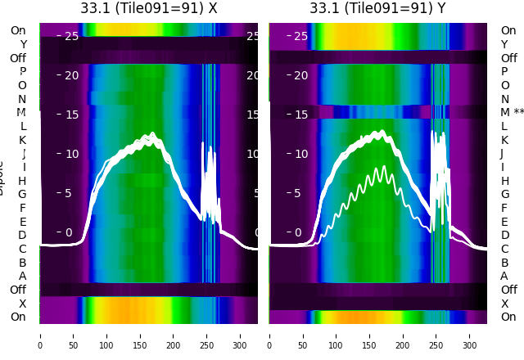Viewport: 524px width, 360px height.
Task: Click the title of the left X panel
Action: click(x=148, y=8)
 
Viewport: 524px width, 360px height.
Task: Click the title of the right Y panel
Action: click(x=377, y=8)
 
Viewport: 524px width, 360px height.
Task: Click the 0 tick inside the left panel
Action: click(x=69, y=232)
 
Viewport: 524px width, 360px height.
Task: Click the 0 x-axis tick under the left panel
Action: click(x=40, y=335)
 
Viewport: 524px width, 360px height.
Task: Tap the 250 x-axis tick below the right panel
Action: click(x=437, y=335)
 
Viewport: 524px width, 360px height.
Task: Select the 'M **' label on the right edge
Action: click(x=512, y=112)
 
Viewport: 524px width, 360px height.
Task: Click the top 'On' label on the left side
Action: click(x=18, y=30)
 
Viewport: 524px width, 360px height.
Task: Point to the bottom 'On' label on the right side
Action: click(x=508, y=317)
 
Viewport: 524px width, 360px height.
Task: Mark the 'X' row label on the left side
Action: click(x=22, y=304)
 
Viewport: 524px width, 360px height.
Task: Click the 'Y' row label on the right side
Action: click(x=504, y=44)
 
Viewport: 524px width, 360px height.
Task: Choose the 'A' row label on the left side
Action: click(x=22, y=276)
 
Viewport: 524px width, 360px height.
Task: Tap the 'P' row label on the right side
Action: click(x=504, y=71)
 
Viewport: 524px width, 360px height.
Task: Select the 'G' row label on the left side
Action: click(x=22, y=194)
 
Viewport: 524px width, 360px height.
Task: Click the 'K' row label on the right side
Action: click(x=504, y=140)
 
